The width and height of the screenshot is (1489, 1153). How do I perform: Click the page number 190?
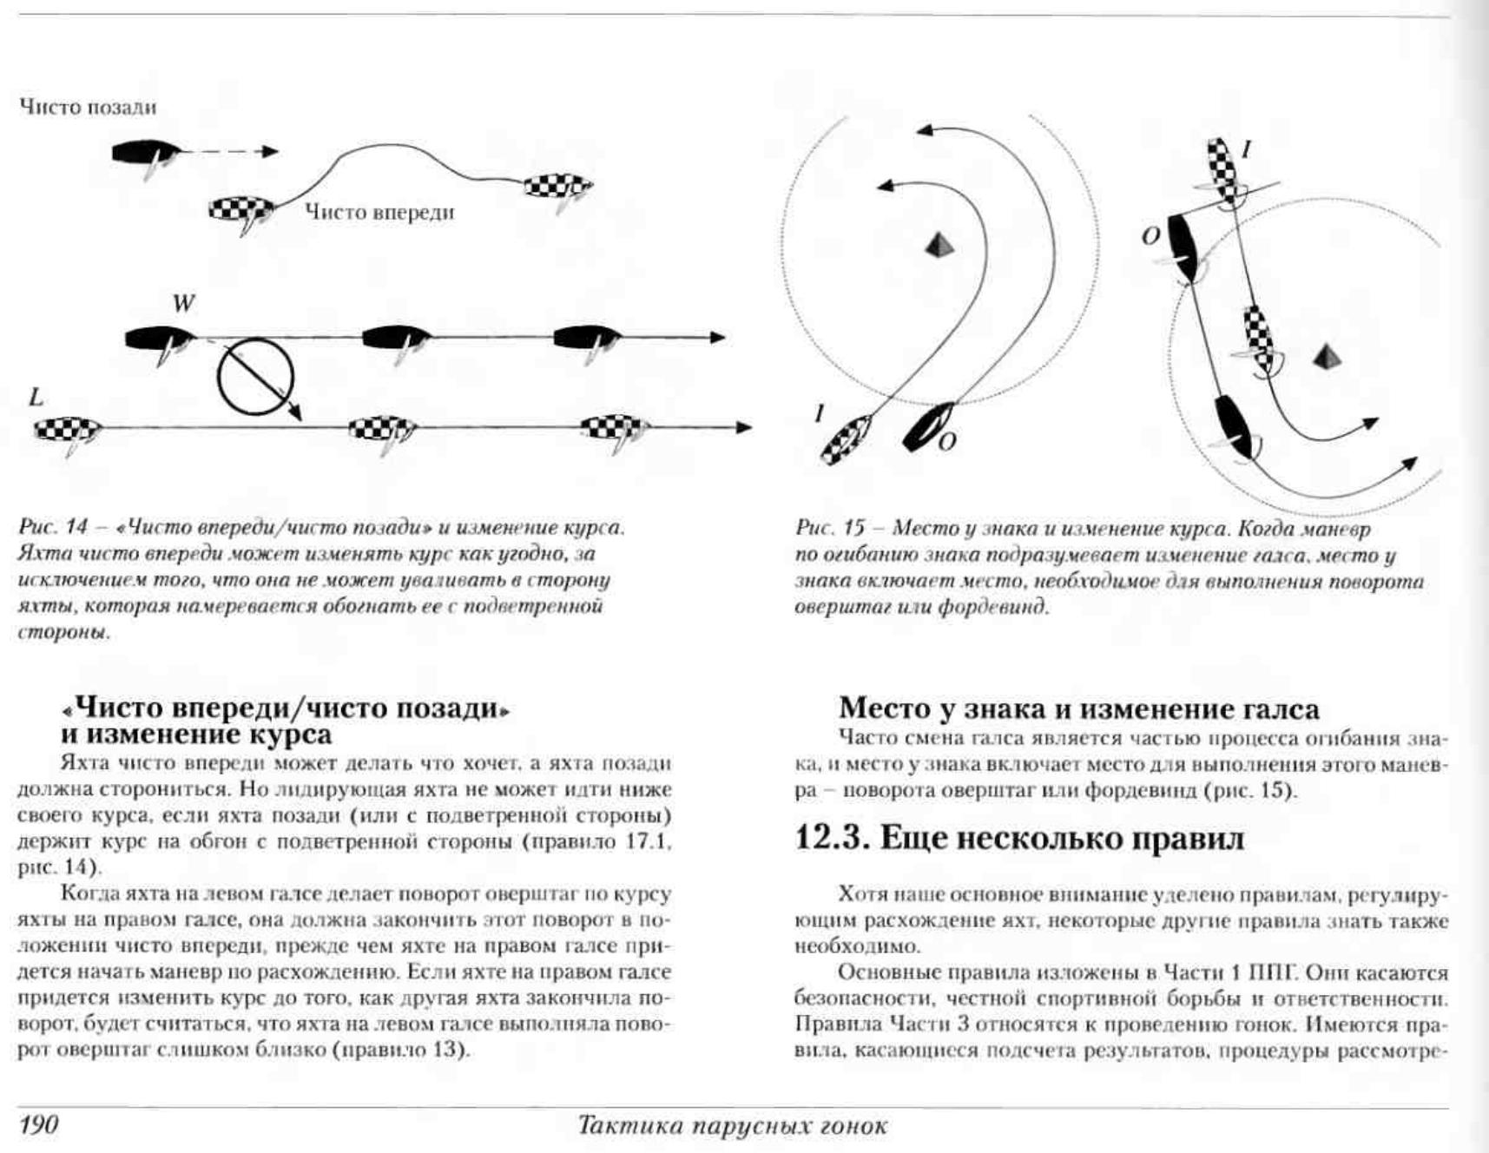tap(38, 1125)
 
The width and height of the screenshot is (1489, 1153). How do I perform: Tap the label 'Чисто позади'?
tap(88, 108)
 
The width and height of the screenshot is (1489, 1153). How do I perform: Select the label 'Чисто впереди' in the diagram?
tap(379, 213)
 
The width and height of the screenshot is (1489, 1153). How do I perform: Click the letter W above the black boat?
tap(183, 304)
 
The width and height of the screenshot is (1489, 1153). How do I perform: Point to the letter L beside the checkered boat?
tap(36, 398)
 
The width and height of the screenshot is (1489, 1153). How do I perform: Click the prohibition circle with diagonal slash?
tap(255, 378)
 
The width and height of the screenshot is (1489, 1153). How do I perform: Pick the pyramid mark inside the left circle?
tap(939, 245)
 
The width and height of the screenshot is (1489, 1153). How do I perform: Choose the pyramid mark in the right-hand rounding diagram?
tap(1325, 356)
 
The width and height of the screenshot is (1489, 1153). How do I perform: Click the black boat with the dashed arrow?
tap(145, 154)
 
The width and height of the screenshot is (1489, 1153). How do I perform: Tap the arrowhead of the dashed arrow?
tap(271, 152)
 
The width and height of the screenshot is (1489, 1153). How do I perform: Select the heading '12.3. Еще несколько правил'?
tap(1019, 838)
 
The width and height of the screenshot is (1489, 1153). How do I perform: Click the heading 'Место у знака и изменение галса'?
tap(1078, 708)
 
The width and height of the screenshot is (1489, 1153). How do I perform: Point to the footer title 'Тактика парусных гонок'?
tap(732, 1126)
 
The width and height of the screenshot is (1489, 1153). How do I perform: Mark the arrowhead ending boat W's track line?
tap(717, 337)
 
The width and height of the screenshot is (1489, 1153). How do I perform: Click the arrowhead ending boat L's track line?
tap(743, 427)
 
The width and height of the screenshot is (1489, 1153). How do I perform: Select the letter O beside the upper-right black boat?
tap(1150, 236)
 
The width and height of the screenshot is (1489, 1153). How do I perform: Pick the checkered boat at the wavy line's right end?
tap(558, 186)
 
